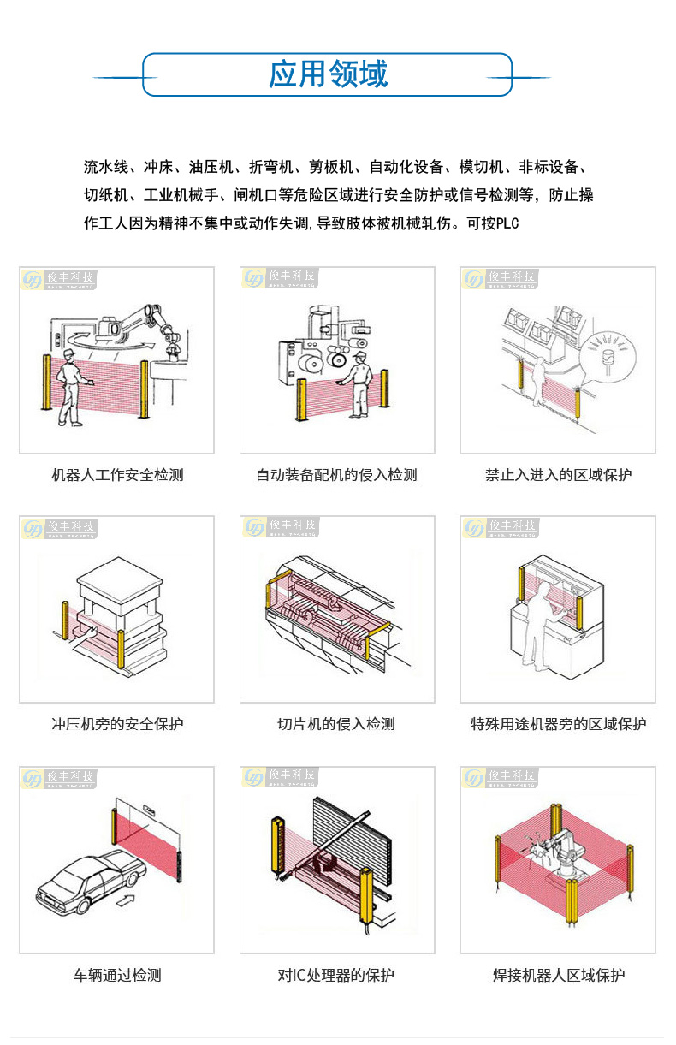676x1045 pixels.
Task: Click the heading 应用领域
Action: pos(328,74)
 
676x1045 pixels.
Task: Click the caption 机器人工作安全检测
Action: pos(117,475)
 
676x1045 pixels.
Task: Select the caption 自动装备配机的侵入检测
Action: pos(337,475)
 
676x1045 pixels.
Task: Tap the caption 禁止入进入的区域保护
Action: pos(558,475)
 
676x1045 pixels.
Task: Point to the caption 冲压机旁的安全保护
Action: pos(117,724)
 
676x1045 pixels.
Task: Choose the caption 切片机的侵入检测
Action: pos(336,724)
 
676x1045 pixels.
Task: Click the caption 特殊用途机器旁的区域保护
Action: pos(558,724)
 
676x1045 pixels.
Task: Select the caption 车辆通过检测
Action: pos(117,975)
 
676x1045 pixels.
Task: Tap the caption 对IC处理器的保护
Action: pos(336,975)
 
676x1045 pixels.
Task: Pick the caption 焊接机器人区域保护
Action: pos(559,975)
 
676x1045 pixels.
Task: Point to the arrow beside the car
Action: pos(125,900)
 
